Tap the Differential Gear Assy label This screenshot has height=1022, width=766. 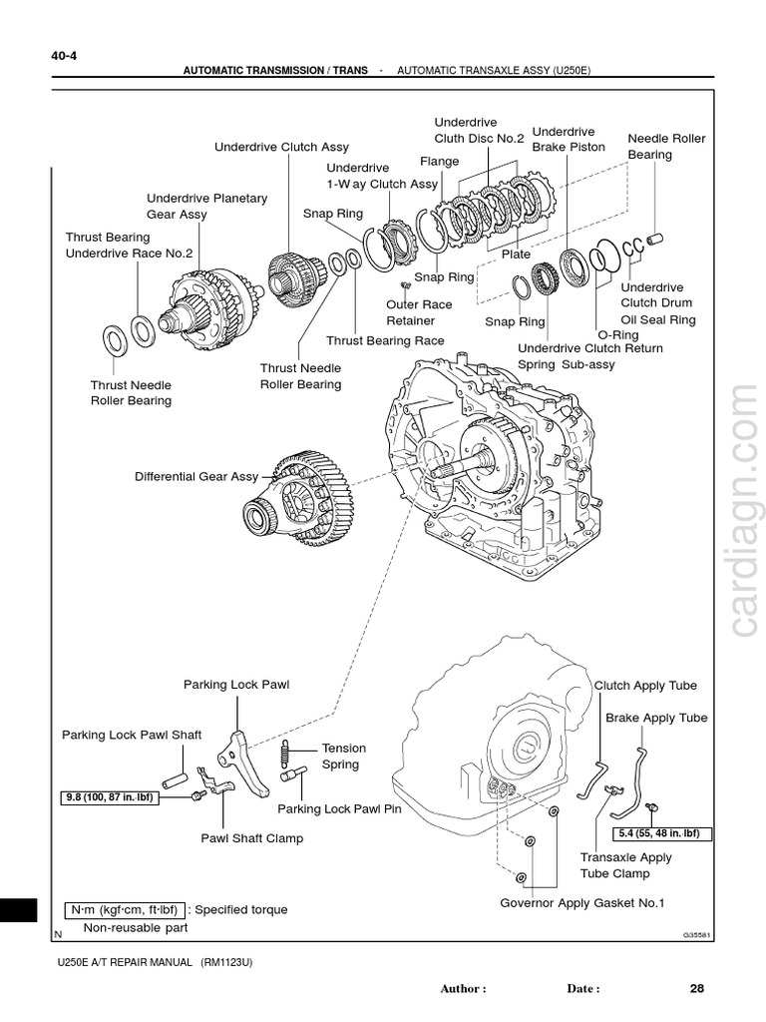[195, 477]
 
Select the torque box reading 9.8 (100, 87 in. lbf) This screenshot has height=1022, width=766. [110, 796]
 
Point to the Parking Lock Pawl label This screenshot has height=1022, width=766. [228, 685]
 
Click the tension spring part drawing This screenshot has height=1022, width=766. [287, 749]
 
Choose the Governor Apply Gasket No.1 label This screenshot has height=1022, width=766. [581, 903]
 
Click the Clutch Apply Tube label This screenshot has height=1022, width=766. [645, 686]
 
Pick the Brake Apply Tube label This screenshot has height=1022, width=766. [656, 718]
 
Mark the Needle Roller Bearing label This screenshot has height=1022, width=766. [664, 147]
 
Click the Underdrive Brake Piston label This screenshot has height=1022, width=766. [568, 139]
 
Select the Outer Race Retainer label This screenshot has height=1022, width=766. [419, 312]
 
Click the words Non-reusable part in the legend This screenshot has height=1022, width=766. [135, 927]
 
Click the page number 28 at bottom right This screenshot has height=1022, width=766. [696, 988]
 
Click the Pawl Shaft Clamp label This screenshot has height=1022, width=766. [251, 838]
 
